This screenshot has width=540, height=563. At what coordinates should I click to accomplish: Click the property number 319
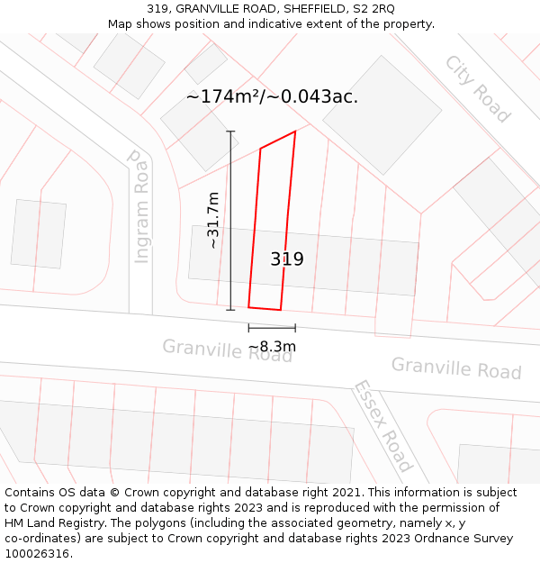click(287, 259)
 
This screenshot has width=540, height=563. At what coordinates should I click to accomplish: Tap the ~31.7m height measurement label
click(212, 221)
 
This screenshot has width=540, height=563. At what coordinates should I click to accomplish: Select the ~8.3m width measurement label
click(272, 347)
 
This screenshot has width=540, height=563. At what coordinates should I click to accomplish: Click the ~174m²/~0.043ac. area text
click(272, 96)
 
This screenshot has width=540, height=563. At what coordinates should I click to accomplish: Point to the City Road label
click(477, 88)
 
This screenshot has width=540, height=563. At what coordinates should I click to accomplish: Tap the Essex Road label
click(382, 425)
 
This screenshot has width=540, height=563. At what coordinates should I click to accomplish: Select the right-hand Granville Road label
click(456, 368)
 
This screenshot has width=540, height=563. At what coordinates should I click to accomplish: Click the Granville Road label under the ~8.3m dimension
click(227, 350)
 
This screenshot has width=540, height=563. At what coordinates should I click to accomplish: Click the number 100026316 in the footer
click(39, 554)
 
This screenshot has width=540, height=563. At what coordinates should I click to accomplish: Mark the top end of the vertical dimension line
click(230, 132)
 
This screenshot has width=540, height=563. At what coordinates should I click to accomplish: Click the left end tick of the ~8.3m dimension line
click(249, 328)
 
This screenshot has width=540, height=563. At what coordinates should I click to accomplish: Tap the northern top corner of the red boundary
click(295, 132)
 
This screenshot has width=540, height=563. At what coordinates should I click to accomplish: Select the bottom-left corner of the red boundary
click(249, 307)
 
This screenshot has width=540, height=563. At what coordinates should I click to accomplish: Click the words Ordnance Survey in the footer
click(469, 539)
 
